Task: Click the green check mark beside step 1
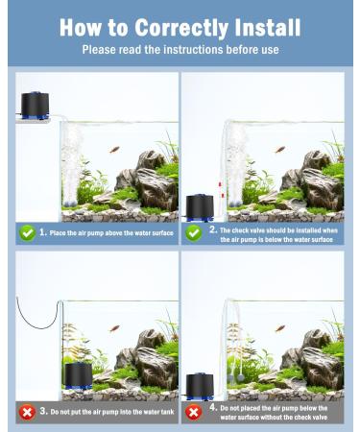coord(26,232)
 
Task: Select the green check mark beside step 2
coord(194,232)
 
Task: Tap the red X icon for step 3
coord(26,412)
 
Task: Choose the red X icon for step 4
coord(194,412)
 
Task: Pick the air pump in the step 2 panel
coord(200,206)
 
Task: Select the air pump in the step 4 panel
coord(200,386)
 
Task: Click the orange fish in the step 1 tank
coord(113,150)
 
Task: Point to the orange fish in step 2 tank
coord(279,150)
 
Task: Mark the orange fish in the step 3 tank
coord(113,328)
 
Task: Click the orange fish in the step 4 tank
coord(279,328)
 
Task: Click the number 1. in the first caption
coord(43,232)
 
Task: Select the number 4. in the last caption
coord(213,407)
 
